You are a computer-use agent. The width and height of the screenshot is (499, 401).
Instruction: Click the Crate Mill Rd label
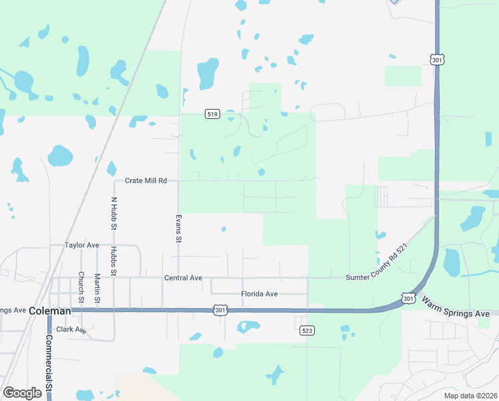click(x=145, y=181)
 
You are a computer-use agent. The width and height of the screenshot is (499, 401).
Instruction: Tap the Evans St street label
click(x=178, y=228)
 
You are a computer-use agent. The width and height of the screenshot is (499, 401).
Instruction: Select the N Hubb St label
click(x=114, y=214)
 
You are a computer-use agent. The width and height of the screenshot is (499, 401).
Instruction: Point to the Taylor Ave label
click(x=82, y=245)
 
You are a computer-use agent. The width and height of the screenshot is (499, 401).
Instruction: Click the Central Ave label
click(x=183, y=277)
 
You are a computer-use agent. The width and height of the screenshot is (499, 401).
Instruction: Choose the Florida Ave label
click(x=260, y=294)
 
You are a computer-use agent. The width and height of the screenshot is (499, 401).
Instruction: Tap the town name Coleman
click(x=49, y=311)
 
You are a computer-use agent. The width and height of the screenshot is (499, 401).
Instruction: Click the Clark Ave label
click(x=71, y=329)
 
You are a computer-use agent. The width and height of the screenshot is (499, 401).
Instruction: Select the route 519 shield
click(x=212, y=114)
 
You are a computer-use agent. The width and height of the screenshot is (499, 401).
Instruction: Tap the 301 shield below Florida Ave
click(x=220, y=310)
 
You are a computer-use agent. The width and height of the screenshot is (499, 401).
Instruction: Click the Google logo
click(x=23, y=393)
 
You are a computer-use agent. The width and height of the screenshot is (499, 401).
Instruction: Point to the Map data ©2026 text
click(x=470, y=396)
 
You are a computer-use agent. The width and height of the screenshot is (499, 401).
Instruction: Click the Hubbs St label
click(x=114, y=261)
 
